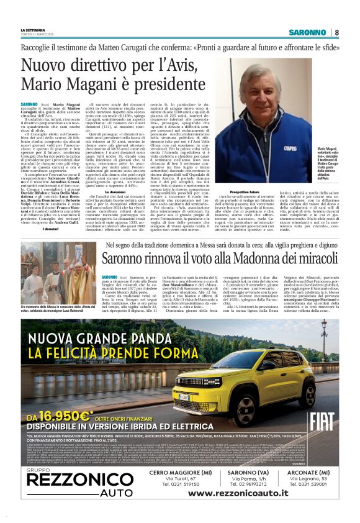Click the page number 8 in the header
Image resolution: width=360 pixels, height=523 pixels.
(x=337, y=32)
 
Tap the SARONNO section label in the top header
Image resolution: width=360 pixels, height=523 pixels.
(x=308, y=32)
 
